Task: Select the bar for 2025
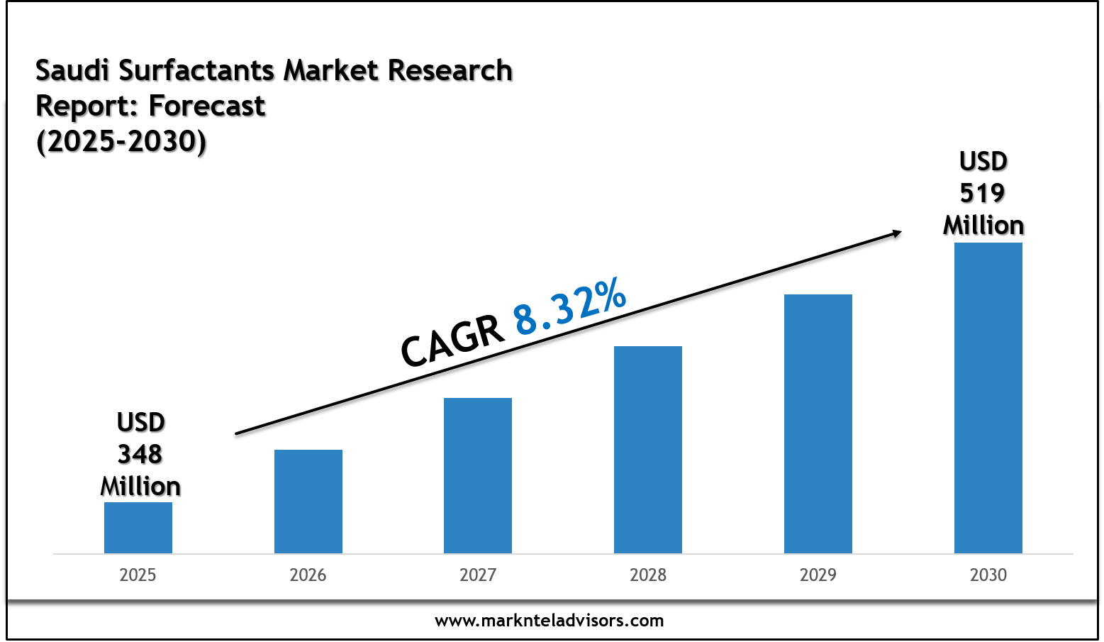138,528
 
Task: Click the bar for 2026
308,502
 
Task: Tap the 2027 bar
477,475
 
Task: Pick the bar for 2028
647,450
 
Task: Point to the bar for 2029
818,424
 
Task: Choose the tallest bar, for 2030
988,398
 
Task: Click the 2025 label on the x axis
138,575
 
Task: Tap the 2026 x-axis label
308,575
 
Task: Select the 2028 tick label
647,575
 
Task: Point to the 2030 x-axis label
988,575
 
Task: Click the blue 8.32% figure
570,306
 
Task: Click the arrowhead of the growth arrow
896,233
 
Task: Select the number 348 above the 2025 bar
140,454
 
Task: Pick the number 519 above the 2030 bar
982,193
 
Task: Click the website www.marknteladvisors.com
549,621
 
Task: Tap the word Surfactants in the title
196,71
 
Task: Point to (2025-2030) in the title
121,141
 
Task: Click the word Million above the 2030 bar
983,226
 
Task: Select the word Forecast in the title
206,106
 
